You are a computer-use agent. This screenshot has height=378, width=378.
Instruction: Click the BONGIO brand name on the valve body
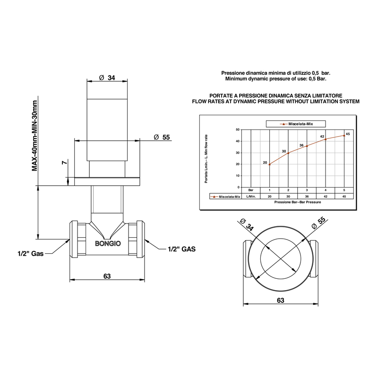pyautogui.click(x=108, y=243)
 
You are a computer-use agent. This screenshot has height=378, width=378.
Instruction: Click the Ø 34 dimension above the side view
pyautogui.click(x=107, y=77)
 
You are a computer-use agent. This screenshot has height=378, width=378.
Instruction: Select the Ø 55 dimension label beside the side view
pyautogui.click(x=162, y=137)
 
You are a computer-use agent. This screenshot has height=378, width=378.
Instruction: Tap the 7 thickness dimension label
pyautogui.click(x=64, y=163)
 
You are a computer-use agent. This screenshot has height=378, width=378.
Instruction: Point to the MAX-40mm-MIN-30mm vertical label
pyautogui.click(x=34, y=136)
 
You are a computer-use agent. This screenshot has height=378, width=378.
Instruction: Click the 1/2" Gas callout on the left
pyautogui.click(x=31, y=253)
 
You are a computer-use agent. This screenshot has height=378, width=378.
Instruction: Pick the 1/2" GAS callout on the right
pyautogui.click(x=181, y=249)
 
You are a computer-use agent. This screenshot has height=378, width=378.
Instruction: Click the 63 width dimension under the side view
pyautogui.click(x=107, y=276)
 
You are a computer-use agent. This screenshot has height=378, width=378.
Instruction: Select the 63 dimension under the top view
pyautogui.click(x=281, y=300)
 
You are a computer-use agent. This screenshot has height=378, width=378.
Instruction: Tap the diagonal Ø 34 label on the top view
pyautogui.click(x=247, y=225)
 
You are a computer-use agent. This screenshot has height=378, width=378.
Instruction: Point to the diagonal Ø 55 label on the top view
pyautogui.click(x=318, y=223)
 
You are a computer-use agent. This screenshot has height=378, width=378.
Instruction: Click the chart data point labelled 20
pyautogui.click(x=269, y=164)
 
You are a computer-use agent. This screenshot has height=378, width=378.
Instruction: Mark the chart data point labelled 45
pyautogui.click(x=344, y=136)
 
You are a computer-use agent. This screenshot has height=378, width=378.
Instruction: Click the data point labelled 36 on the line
pyautogui.click(x=307, y=146)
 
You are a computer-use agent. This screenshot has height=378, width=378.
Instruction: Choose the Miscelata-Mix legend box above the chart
pyautogui.click(x=296, y=124)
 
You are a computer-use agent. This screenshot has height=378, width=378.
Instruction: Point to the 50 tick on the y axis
pyautogui.click(x=238, y=129)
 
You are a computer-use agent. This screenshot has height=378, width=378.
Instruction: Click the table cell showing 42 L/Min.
pyautogui.click(x=326, y=196)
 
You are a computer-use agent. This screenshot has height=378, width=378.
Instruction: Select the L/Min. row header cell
pyautogui.click(x=251, y=196)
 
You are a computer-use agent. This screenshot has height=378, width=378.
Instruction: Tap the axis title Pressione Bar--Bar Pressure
pyautogui.click(x=298, y=202)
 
